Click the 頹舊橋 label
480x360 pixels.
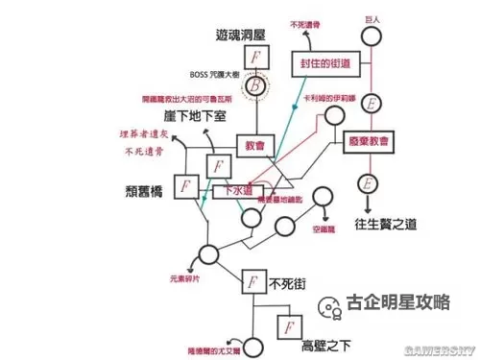[143, 188]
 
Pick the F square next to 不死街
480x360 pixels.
[252, 283]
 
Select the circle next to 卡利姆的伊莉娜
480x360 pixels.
[333, 115]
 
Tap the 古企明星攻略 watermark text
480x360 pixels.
[396, 300]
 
